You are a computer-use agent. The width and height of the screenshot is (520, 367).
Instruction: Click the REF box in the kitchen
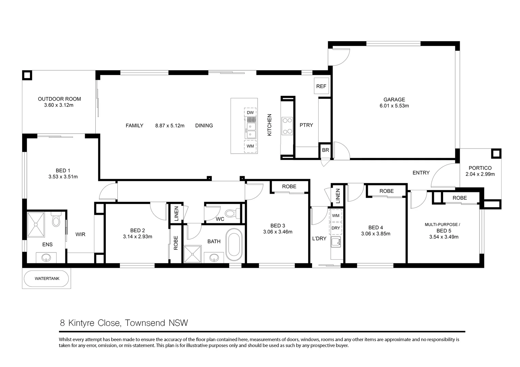tap(321, 86)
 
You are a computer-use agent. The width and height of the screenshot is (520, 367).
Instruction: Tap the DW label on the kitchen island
tap(250, 112)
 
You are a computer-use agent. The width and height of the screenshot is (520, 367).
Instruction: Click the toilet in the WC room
tap(231, 214)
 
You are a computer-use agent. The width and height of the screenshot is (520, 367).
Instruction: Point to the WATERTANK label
tap(47, 278)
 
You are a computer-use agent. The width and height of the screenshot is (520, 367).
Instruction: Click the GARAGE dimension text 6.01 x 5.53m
tap(394, 106)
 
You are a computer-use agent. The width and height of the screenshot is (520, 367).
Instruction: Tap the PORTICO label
tap(480, 168)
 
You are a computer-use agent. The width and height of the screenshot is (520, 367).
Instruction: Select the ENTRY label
tap(421, 173)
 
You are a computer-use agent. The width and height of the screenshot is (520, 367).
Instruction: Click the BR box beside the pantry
tap(325, 150)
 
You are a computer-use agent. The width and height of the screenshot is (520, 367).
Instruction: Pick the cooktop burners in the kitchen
tap(287, 125)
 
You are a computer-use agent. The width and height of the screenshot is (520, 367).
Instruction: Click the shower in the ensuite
tap(36, 224)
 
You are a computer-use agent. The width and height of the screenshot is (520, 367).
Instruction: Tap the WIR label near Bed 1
tap(80, 234)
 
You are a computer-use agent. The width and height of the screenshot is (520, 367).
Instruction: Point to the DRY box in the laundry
tap(336, 228)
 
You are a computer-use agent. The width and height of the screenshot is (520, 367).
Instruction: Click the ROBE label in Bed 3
tap(289, 187)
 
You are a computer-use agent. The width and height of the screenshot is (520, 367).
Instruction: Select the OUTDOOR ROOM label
tap(59, 99)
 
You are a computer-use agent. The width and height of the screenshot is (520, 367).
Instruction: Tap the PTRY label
tap(306, 125)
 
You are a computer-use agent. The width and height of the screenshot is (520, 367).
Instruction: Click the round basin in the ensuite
tap(47, 258)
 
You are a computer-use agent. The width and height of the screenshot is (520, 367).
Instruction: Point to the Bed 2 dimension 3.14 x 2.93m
tap(137, 237)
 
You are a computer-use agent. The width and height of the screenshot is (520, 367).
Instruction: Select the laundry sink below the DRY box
tap(336, 242)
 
